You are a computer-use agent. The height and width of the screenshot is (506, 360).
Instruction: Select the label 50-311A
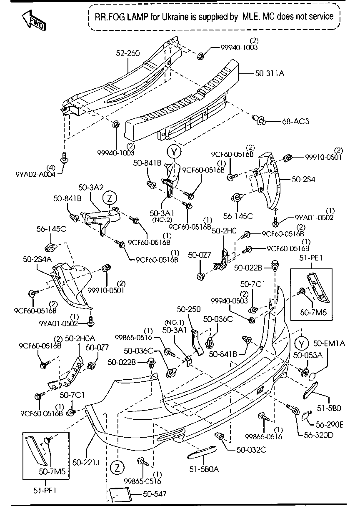(x=270, y=74)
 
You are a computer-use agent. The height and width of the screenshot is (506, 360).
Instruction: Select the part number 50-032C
(x=251, y=449)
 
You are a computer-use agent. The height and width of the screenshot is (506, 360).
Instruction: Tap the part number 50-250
(x=189, y=309)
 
